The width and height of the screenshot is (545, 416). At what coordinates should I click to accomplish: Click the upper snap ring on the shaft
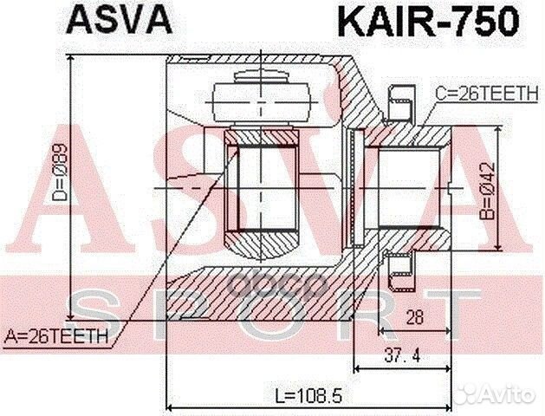click(x=401, y=101)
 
